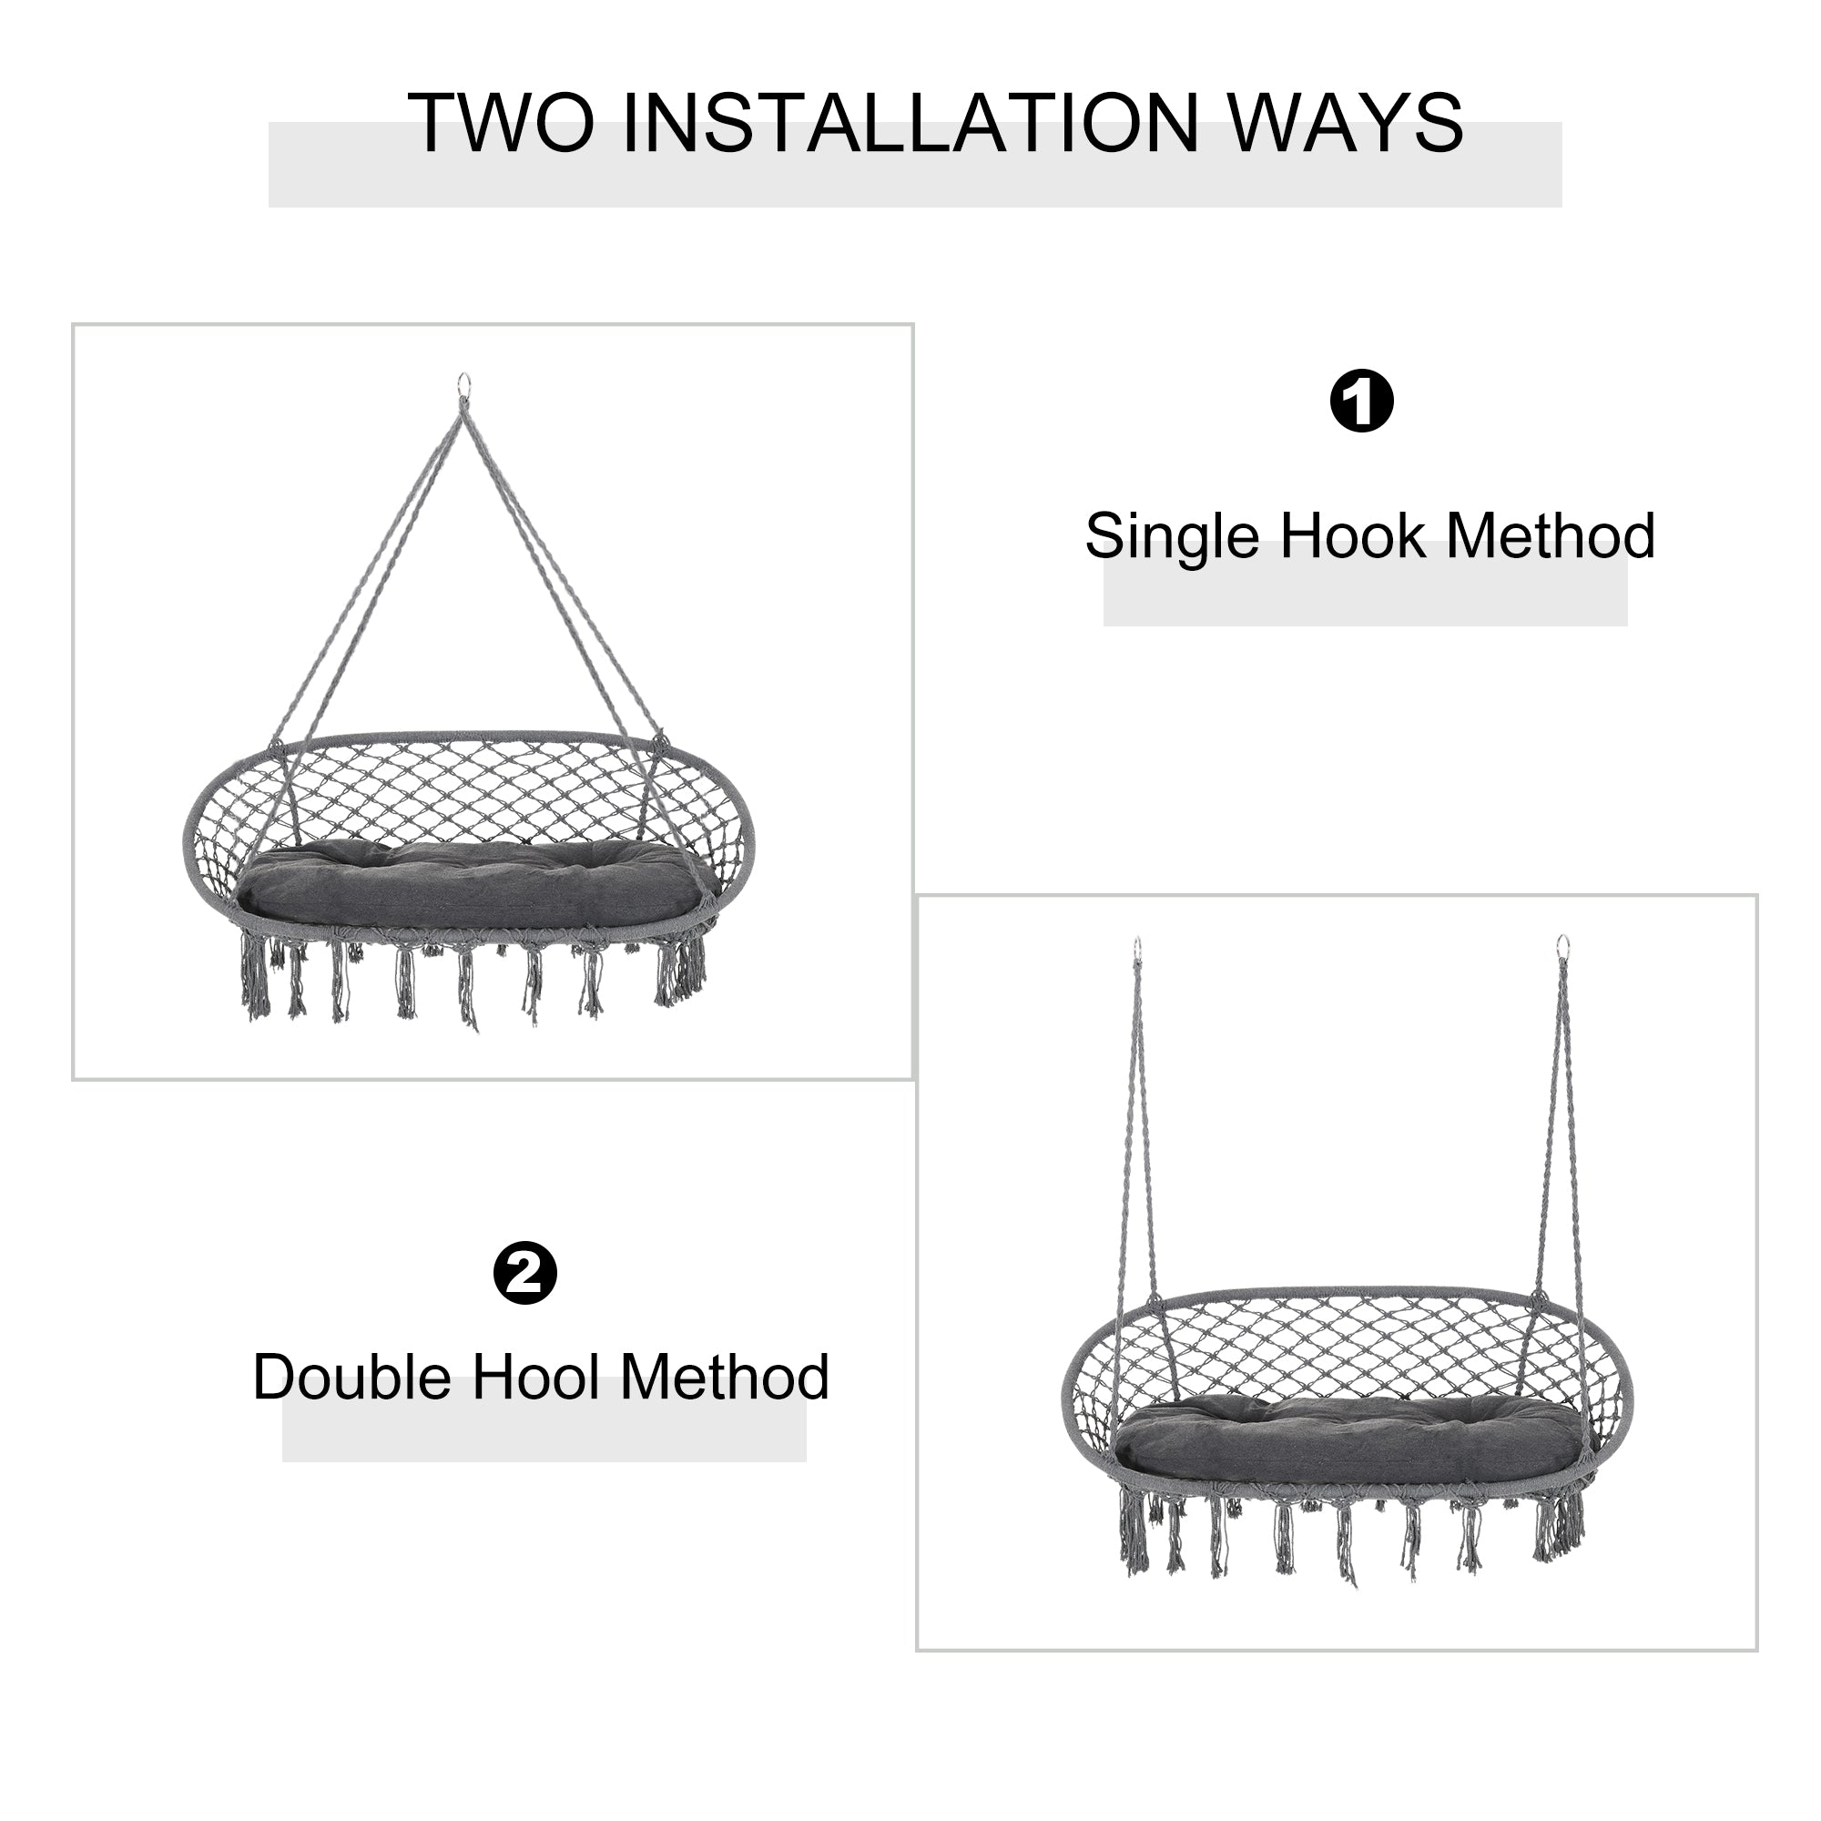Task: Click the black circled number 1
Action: pos(1361,401)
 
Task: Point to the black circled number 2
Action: pos(525,1274)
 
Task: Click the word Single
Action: pos(1172,537)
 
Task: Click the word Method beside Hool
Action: pos(724,1377)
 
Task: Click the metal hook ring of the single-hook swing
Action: pos(463,384)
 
